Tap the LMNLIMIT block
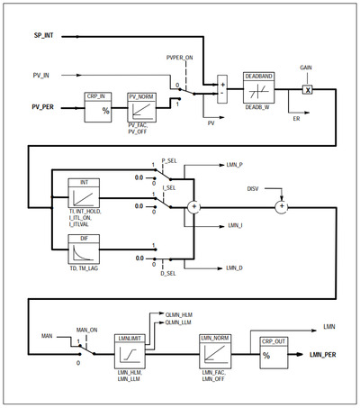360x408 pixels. coord(132,350)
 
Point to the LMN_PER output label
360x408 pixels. coord(329,356)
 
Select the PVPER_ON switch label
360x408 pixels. coord(180,56)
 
